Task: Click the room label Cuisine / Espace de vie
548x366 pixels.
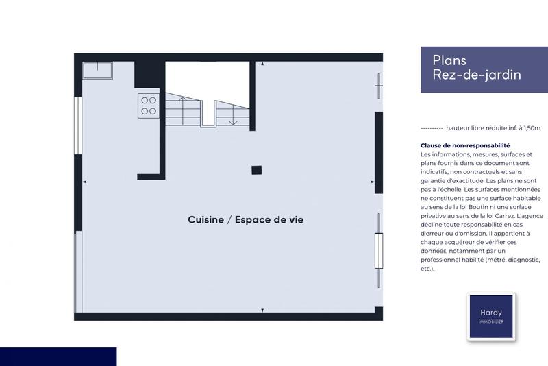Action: point(245,220)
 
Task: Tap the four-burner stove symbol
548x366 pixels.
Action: point(148,105)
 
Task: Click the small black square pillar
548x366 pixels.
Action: point(256,170)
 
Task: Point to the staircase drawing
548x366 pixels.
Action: point(199,110)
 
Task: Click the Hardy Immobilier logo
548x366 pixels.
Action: point(491,316)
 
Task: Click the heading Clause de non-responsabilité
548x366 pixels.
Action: point(465,145)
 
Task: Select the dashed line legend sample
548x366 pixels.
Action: point(431,128)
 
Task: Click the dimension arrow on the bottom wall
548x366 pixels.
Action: point(262,311)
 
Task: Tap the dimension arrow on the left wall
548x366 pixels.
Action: point(84,182)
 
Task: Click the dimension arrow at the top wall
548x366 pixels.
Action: point(262,64)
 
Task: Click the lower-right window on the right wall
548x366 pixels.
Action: point(378,251)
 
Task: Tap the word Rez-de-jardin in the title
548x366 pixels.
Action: point(477,75)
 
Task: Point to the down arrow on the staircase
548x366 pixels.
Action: point(234,121)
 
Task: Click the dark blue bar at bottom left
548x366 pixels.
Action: point(58,356)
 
